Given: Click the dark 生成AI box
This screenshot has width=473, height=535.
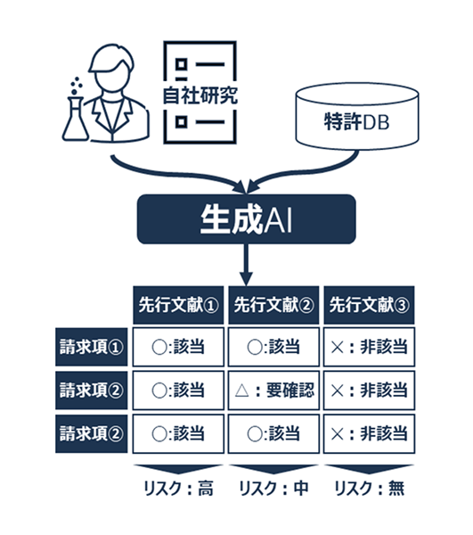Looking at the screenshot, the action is coord(246,219).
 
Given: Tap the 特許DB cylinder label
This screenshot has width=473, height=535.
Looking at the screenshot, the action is coord(356,122).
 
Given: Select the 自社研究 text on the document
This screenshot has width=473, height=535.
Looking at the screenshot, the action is coord(200,95).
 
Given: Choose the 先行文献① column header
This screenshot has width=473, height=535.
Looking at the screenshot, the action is coord(178,305).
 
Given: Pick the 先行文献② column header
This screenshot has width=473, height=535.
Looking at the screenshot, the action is coord(273,305).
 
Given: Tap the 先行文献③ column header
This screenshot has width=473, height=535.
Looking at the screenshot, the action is coord(369,305).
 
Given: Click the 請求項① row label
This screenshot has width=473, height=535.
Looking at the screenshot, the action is coord(92,347).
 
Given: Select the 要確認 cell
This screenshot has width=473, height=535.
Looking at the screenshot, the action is coord(273,391).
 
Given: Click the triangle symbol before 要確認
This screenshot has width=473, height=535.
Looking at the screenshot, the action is coord(242,391).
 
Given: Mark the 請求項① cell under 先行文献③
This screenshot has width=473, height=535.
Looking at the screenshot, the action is coord(369,347).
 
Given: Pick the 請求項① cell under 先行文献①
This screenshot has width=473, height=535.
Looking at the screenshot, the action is coord(178,347).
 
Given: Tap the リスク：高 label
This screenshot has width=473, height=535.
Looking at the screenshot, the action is coord(178,489).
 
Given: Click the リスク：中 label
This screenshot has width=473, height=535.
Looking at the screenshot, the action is coord(273,489).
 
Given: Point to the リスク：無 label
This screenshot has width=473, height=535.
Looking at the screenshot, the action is coord(370,489).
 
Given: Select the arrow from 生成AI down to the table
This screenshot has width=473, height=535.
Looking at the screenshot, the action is coord(246,265).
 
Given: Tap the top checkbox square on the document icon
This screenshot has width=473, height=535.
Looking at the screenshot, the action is coord(182,64).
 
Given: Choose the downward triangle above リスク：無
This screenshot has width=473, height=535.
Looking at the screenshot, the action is coord(369,469).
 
